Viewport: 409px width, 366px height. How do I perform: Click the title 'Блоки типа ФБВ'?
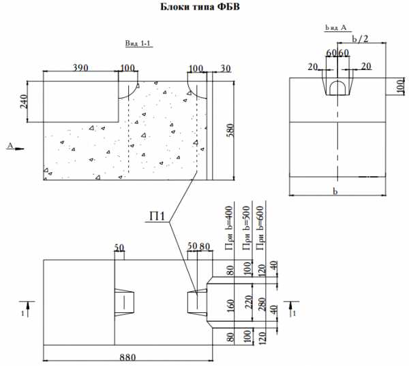(x=200, y=7)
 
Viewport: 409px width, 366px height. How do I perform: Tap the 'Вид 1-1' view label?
(x=138, y=44)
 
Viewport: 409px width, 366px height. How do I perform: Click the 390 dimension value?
(x=80, y=68)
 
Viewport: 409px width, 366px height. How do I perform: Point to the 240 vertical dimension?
(x=23, y=101)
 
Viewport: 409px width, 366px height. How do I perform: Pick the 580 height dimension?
(x=230, y=131)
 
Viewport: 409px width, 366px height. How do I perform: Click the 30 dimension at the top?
(x=226, y=68)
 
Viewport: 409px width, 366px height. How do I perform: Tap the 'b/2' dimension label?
(x=360, y=39)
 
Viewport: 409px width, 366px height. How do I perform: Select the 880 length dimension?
(x=128, y=357)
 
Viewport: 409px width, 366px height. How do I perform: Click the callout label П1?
(x=157, y=216)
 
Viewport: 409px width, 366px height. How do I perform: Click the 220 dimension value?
(x=249, y=302)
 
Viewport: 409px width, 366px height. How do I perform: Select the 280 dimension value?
(x=262, y=304)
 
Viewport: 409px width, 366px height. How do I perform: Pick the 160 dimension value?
(x=230, y=306)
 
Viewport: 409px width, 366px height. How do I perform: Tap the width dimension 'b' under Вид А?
(x=335, y=192)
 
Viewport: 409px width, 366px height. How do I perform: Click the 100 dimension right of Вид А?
(x=400, y=86)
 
